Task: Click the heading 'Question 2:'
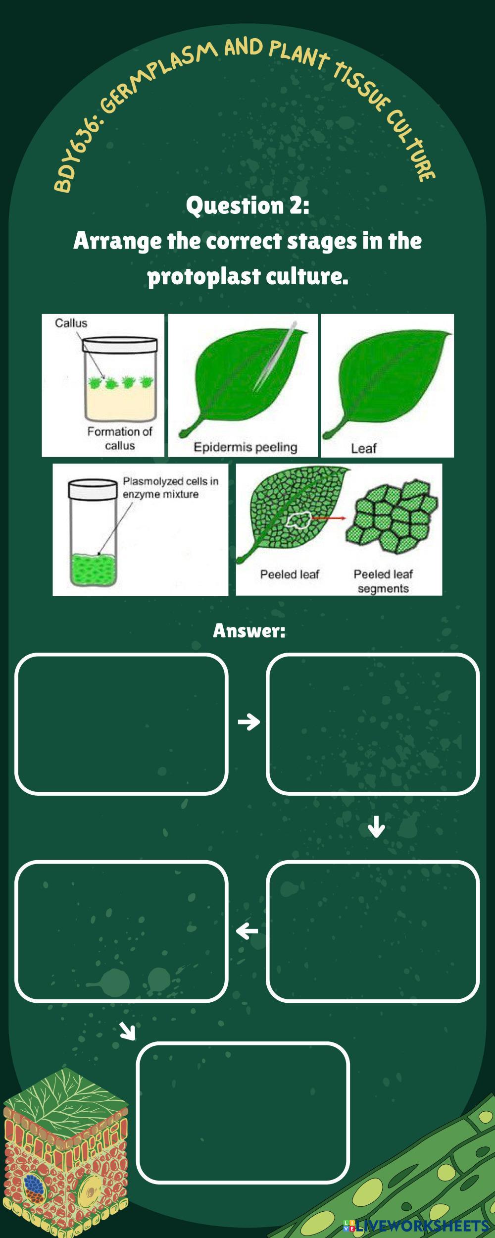pyautogui.click(x=247, y=206)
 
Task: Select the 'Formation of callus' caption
pyautogui.click(x=120, y=438)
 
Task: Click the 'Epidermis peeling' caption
pyautogui.click(x=246, y=447)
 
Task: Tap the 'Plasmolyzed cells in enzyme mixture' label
pyautogui.click(x=170, y=487)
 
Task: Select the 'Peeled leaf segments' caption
pyautogui.click(x=383, y=581)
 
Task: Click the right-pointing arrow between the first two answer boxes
pyautogui.click(x=249, y=722)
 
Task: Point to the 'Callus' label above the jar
pyautogui.click(x=71, y=323)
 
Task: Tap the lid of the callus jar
pyautogui.click(x=120, y=345)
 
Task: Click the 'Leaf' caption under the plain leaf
pyautogui.click(x=364, y=448)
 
